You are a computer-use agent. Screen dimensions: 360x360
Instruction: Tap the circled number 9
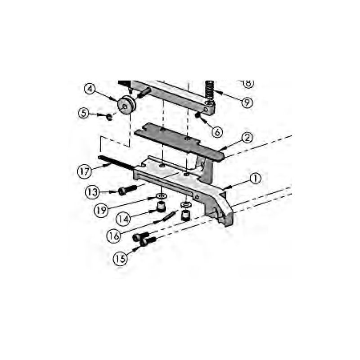click(246, 102)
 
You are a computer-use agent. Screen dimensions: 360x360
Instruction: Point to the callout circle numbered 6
click(216, 132)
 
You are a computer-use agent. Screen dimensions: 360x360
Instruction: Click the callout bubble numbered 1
click(255, 179)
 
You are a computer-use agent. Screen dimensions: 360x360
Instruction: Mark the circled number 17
click(84, 171)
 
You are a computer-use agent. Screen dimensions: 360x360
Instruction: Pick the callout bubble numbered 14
click(123, 220)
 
